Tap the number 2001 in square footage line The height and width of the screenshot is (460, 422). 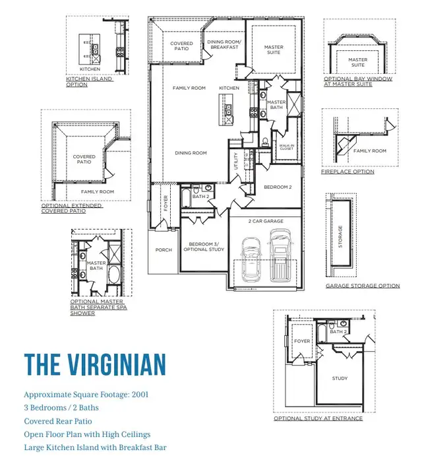[x=139, y=395]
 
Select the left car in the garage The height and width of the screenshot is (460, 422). [x=251, y=259]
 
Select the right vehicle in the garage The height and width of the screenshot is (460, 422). [x=280, y=256]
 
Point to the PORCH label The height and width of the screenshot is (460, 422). [x=163, y=250]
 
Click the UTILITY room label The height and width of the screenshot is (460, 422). [x=237, y=162]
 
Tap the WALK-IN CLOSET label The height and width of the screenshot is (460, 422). [x=286, y=147]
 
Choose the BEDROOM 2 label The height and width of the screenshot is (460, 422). [x=278, y=187]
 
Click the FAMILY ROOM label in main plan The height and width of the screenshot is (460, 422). [x=189, y=88]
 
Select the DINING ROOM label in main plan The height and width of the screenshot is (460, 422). [x=191, y=153]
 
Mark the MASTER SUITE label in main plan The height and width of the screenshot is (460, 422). [x=274, y=49]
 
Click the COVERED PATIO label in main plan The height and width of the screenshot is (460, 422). [x=182, y=47]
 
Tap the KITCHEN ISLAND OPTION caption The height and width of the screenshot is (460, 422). [x=90, y=82]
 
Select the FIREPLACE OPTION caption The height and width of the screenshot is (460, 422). [x=347, y=172]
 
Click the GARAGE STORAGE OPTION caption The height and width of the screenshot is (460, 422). [x=363, y=286]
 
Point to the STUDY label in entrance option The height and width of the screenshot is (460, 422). [x=340, y=379]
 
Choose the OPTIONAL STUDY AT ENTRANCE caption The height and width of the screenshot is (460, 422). [x=318, y=418]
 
